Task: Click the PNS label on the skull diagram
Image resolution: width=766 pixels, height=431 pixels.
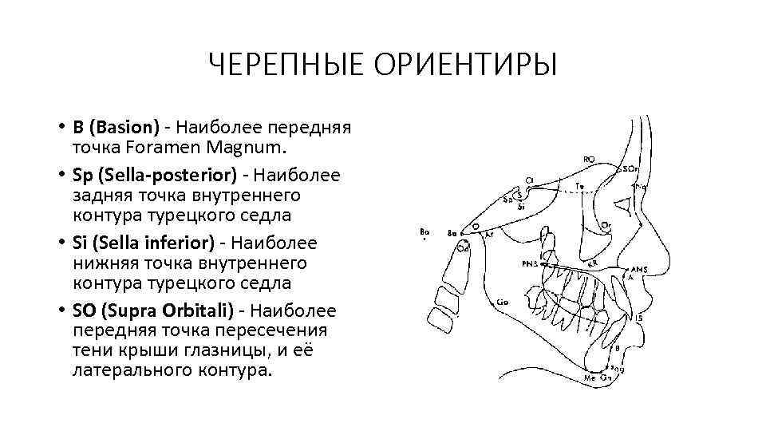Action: [530, 263]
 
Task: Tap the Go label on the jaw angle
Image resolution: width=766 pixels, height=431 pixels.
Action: [503, 302]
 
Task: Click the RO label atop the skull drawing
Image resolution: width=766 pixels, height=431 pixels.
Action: [589, 160]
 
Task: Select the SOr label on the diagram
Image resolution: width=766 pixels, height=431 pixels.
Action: [630, 168]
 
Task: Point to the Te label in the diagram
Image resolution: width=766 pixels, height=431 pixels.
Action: [580, 186]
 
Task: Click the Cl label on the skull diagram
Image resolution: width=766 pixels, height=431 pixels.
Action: [529, 180]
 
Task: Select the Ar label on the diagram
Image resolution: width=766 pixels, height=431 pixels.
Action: [490, 235]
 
